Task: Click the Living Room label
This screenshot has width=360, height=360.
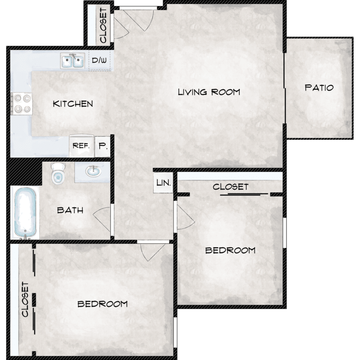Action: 209,92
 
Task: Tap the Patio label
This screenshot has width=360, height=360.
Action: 319,88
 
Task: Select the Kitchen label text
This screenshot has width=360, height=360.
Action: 73,104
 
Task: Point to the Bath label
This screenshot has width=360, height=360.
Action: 70,210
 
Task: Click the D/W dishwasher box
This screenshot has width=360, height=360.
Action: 99,60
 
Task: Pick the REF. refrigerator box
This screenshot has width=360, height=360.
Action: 82,146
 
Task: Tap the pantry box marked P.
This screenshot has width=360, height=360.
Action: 103,146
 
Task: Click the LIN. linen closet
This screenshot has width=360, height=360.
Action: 163,183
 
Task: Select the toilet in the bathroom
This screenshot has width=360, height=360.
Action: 58,173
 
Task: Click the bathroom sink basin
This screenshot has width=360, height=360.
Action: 94,171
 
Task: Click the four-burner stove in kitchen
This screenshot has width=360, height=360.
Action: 22,104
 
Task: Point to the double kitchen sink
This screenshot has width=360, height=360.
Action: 72,61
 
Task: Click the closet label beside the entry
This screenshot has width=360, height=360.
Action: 103,25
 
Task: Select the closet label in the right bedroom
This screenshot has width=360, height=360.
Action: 230,187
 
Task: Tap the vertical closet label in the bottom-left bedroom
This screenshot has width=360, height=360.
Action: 25,300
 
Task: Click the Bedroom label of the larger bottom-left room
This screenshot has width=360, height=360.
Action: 102,304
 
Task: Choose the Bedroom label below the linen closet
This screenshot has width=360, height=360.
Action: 230,250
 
